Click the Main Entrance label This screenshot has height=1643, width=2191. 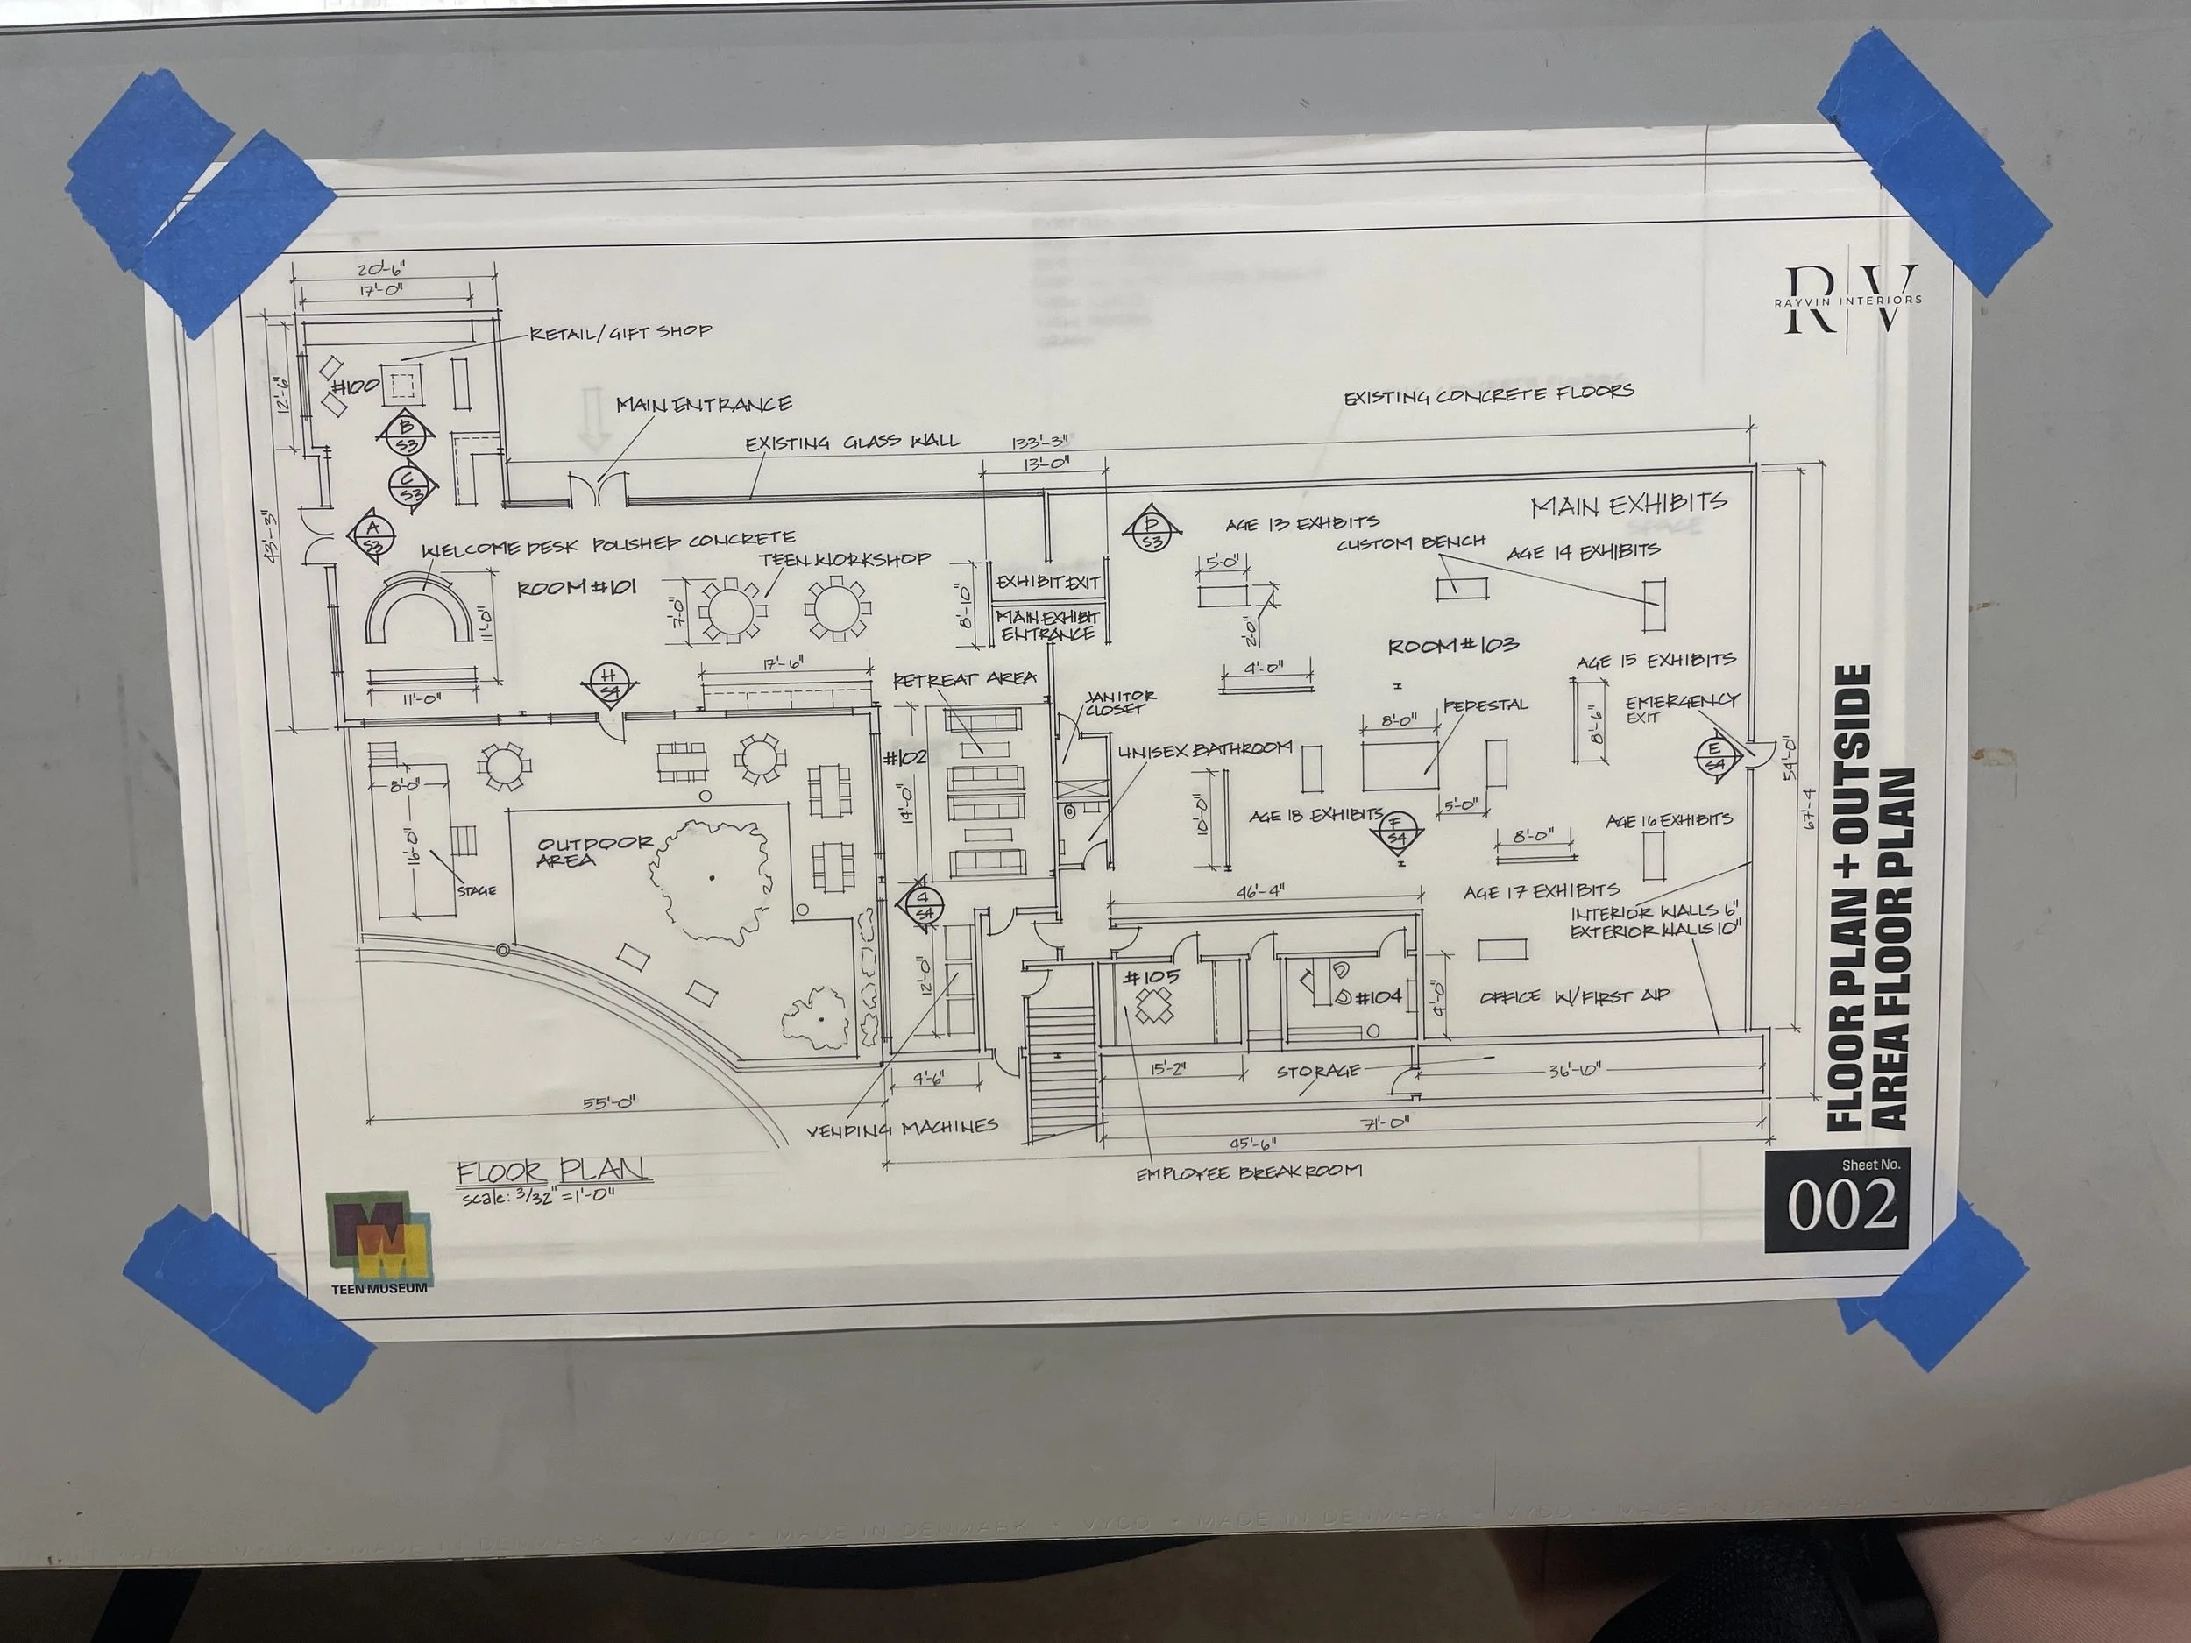(x=703, y=404)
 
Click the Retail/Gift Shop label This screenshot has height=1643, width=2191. (x=620, y=332)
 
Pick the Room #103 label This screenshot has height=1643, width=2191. (x=1452, y=646)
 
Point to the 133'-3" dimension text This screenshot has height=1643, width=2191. (x=1039, y=443)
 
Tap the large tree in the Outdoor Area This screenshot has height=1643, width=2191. (x=710, y=878)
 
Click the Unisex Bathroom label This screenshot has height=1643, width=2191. (x=1204, y=748)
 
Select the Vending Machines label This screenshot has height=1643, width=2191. (x=900, y=1127)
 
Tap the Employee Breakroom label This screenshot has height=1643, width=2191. (x=1248, y=1172)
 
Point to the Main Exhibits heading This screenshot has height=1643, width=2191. (x=1628, y=505)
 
